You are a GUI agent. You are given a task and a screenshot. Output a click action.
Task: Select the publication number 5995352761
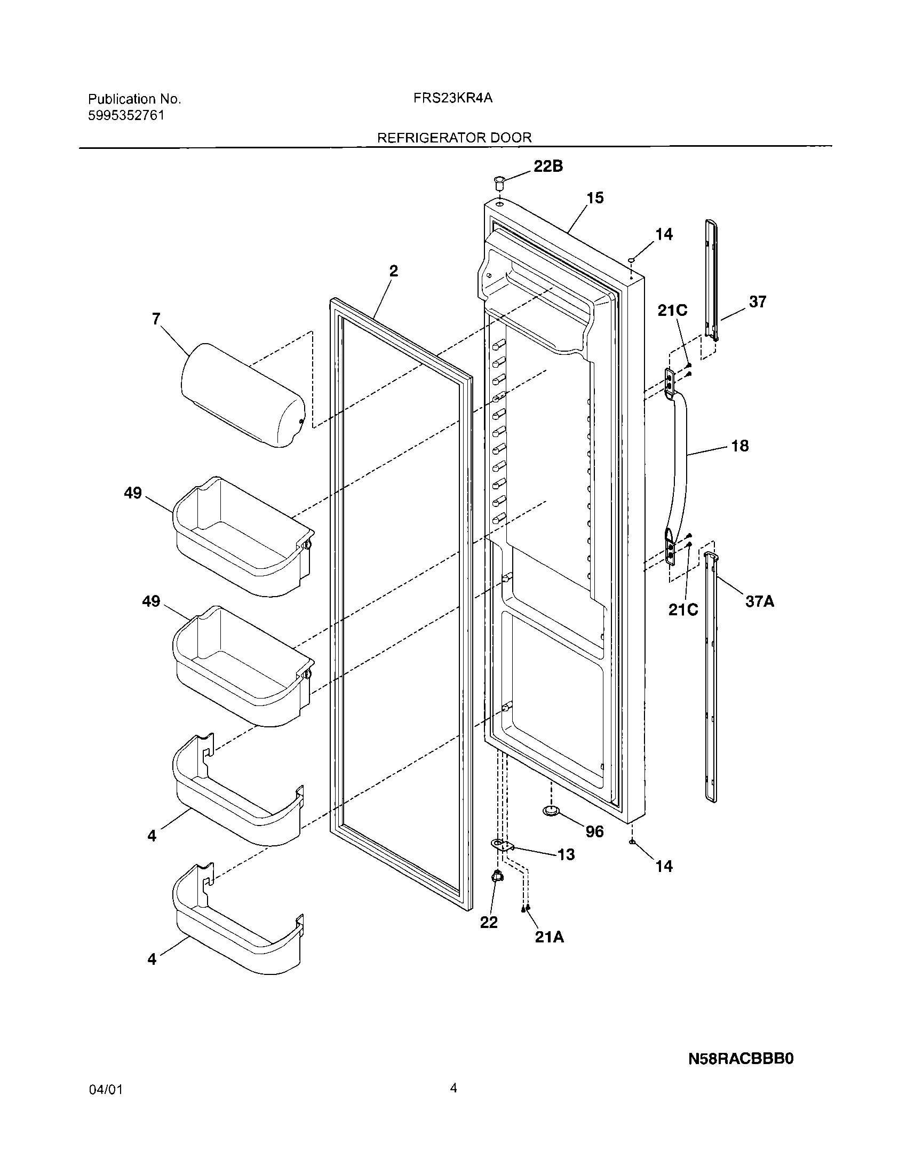click(126, 116)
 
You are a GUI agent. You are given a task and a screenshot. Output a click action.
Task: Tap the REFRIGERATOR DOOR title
click(454, 138)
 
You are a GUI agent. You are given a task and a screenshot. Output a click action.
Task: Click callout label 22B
click(548, 166)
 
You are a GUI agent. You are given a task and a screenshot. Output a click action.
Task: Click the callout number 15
click(595, 198)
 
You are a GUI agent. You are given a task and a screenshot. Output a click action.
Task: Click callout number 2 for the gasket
click(394, 271)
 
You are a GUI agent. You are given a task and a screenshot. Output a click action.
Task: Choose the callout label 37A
click(759, 601)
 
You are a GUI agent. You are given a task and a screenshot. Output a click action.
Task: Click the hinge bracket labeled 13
click(503, 846)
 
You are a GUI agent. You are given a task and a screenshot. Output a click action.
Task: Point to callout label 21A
click(549, 937)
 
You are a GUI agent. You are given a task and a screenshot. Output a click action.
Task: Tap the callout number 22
click(488, 923)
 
